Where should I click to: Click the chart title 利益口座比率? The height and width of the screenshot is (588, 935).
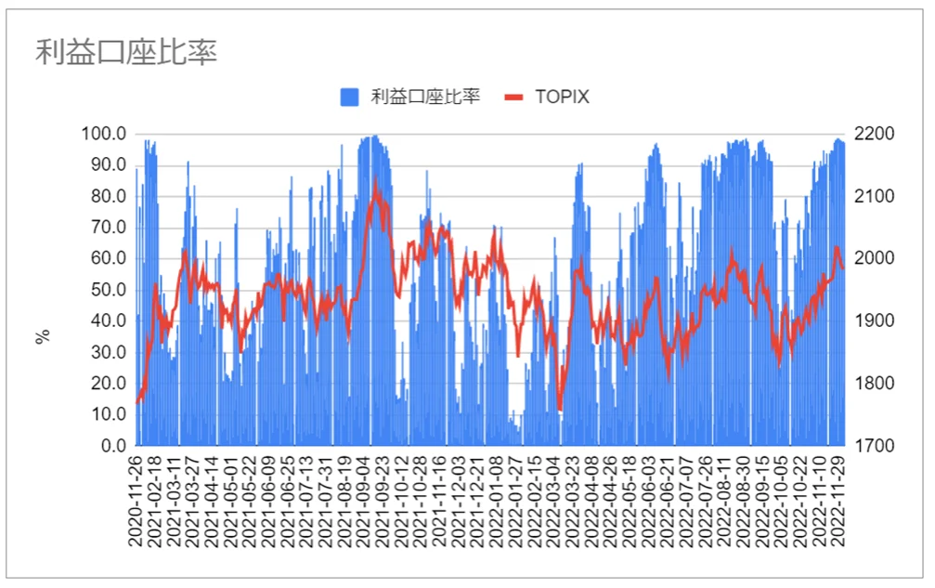[126, 52]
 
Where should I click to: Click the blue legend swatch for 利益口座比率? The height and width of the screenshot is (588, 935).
[349, 97]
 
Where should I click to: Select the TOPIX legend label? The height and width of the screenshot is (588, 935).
[562, 97]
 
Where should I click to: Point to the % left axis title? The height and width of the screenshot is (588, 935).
[43, 336]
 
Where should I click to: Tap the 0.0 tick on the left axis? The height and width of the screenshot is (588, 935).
[113, 446]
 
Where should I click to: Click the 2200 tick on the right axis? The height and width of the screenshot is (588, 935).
[877, 134]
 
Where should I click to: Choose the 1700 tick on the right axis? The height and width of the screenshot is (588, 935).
[877, 446]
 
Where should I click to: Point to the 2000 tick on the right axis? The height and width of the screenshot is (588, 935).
[877, 258]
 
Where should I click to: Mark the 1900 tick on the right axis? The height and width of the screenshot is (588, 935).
[877, 321]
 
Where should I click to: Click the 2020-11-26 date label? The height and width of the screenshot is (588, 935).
[137, 502]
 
